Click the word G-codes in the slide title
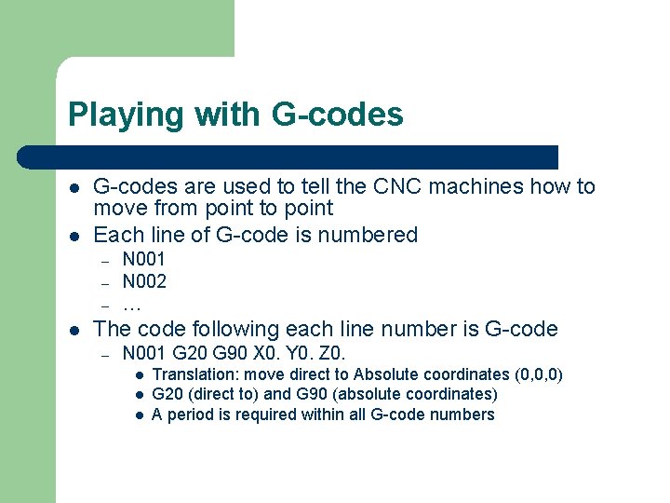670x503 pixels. (338, 115)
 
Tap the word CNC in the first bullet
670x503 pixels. (395, 186)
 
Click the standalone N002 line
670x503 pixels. (144, 280)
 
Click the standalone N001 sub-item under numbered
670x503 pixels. (144, 259)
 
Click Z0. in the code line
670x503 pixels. (330, 353)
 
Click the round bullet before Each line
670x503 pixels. (74, 236)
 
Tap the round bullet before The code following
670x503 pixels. (74, 330)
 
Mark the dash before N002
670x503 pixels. (106, 282)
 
